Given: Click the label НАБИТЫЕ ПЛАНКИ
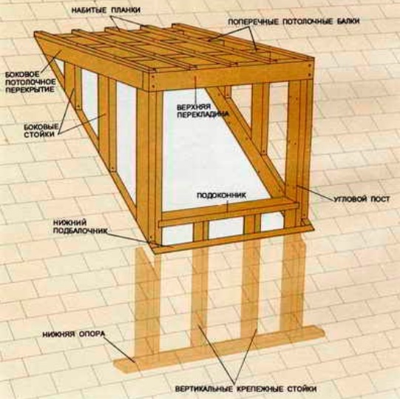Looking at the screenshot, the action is coord(106,10).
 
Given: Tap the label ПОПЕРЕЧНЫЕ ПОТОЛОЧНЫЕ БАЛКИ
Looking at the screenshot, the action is coord(294,21).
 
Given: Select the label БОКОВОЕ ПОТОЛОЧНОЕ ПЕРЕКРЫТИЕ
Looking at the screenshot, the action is coord(30,82).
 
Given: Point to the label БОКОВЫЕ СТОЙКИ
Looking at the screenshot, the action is coord(41,130).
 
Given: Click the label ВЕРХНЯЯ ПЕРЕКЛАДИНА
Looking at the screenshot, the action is coord(202,110).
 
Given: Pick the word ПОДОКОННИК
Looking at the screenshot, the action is coord(221,195).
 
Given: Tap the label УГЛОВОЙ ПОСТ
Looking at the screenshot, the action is coord(362,198).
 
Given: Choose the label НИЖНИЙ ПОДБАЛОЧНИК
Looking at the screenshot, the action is coord(80,227).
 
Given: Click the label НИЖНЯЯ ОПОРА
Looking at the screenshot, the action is coord(73,334).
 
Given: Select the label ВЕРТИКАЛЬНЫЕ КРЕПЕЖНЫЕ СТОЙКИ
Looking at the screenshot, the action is coord(245,389).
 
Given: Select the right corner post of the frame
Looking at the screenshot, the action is coord(299,151).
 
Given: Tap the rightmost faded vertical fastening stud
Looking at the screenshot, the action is coord(293,281).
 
